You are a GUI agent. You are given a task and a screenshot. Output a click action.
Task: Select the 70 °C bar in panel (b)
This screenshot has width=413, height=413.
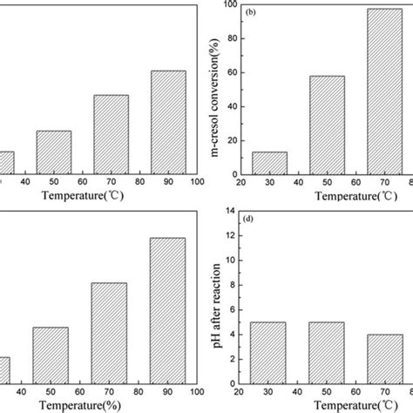point(384,91)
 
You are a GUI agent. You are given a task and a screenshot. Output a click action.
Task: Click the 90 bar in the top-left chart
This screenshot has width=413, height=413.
point(168,122)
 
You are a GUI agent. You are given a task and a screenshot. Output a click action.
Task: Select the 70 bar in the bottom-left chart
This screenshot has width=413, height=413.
point(110,333)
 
